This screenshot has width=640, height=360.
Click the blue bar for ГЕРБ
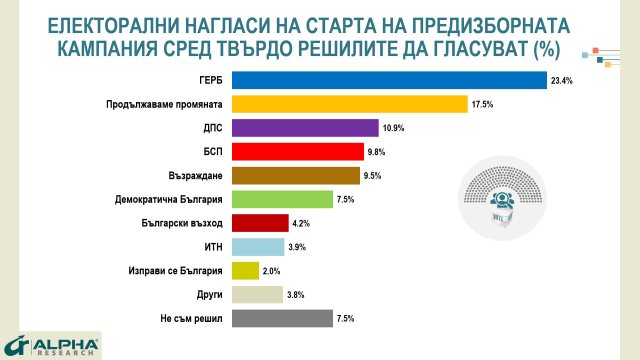(x=388, y=80)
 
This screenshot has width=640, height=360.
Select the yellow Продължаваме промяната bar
(x=349, y=104)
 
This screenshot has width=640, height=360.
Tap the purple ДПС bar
(x=304, y=128)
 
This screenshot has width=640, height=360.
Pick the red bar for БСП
(x=297, y=152)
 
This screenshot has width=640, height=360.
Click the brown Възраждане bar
(x=295, y=176)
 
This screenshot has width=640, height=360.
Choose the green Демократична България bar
(x=281, y=199)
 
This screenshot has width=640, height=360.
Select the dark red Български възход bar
(x=259, y=223)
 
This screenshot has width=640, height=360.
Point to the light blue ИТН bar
(x=257, y=247)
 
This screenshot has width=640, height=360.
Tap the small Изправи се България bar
(x=244, y=271)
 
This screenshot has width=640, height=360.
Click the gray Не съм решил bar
(x=281, y=319)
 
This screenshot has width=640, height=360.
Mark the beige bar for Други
(x=256, y=295)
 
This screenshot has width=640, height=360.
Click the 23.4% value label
(x=561, y=80)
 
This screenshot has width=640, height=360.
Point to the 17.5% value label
(x=482, y=104)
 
